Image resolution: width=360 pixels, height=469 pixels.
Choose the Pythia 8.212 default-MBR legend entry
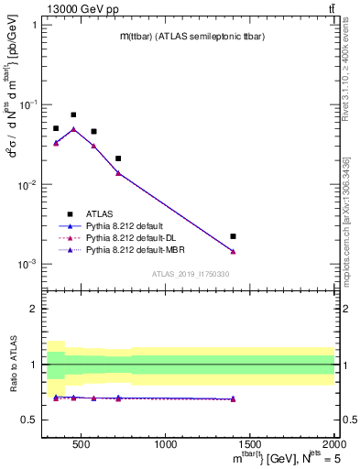click(x=133, y=248)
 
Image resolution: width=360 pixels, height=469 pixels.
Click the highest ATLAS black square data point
click(x=73, y=115)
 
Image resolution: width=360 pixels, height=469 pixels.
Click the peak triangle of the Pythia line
click(x=73, y=129)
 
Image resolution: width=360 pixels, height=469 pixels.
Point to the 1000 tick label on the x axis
click(x=166, y=445)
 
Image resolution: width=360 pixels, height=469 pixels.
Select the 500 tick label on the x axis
click(x=81, y=445)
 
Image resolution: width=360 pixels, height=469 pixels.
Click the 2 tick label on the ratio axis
click(x=35, y=309)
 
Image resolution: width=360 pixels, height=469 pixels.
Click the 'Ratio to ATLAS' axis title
click(x=12, y=364)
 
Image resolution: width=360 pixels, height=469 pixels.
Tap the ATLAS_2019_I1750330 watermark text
click(x=190, y=274)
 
